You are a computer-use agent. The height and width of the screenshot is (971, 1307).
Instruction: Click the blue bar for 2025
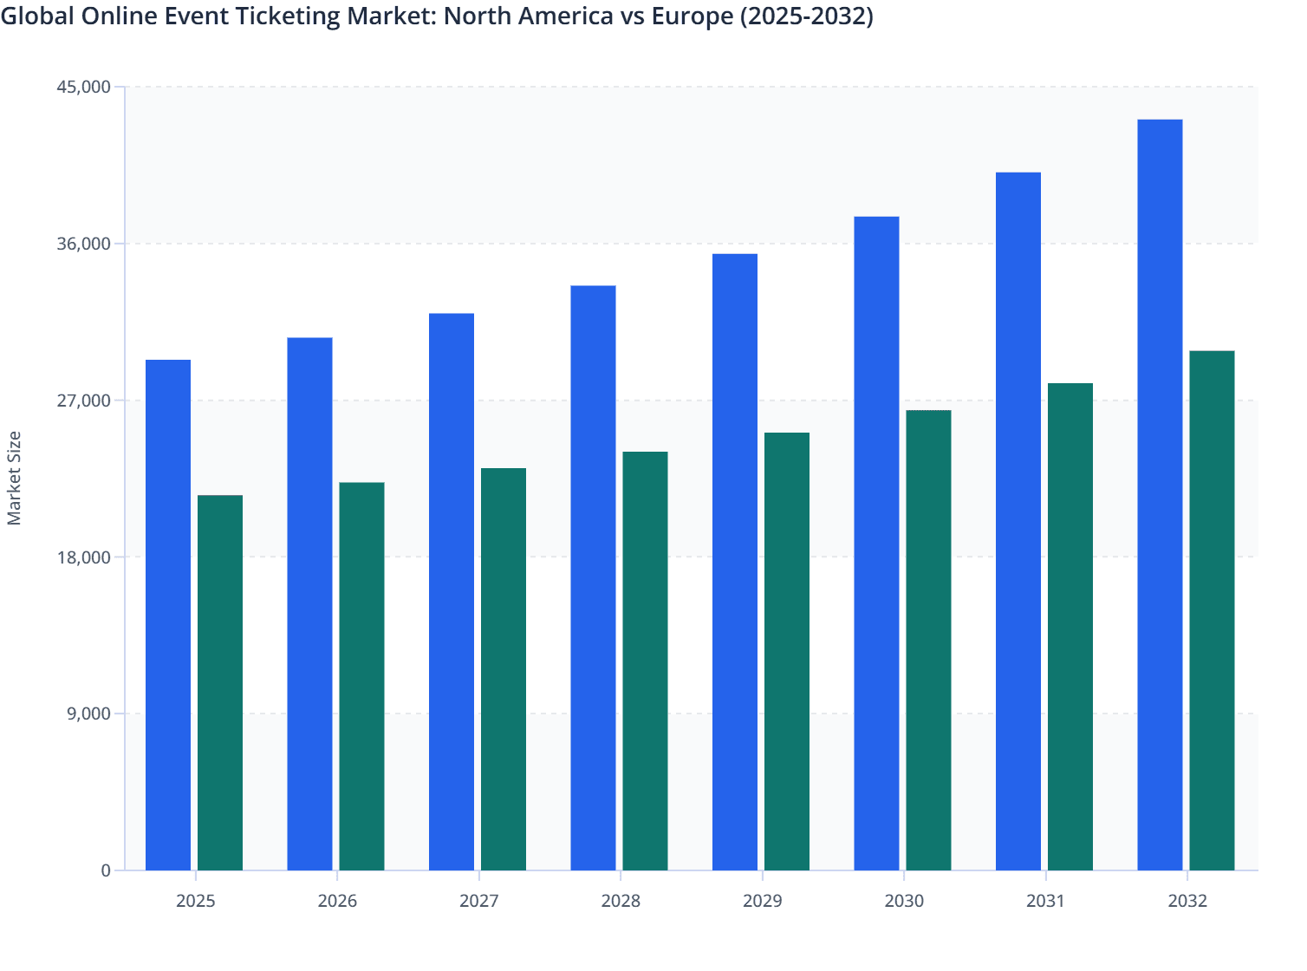click(168, 615)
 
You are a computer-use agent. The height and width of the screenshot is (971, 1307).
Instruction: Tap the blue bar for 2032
click(1160, 494)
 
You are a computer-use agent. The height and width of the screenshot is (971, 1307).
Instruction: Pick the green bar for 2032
click(1212, 610)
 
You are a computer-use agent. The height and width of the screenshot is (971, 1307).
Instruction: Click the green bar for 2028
click(645, 661)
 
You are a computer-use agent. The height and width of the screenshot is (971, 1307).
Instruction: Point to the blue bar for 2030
click(876, 543)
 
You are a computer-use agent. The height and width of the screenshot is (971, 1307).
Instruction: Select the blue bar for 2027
click(452, 591)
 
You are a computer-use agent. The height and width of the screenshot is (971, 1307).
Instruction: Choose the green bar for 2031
click(1070, 626)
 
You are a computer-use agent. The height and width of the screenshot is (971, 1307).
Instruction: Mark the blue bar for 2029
click(735, 562)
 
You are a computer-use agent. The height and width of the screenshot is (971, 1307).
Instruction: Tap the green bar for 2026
click(361, 676)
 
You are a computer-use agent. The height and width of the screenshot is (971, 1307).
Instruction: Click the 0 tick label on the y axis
click(106, 870)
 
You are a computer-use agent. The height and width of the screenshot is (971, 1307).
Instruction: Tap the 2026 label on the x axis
click(337, 901)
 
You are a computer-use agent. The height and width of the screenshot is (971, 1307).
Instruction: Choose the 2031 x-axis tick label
click(1045, 901)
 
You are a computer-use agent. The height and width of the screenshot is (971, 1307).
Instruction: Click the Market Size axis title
click(14, 478)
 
